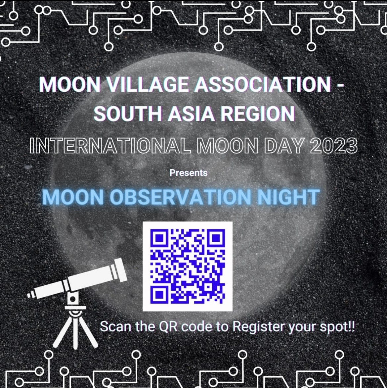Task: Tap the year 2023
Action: click(334, 146)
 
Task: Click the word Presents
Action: click(189, 173)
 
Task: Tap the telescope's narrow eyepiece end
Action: click(31, 295)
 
